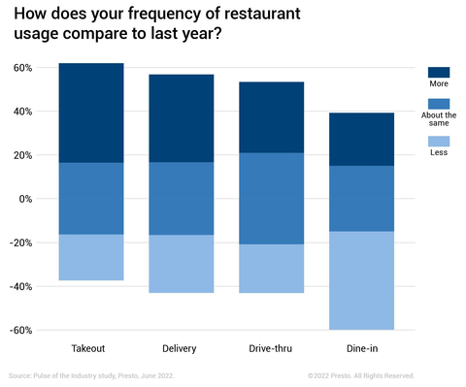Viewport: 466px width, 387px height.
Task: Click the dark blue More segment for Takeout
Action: [91, 113]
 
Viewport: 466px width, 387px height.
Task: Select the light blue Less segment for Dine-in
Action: [360, 280]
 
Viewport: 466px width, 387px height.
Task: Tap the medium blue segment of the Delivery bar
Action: [181, 198]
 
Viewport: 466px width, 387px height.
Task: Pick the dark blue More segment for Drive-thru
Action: [271, 117]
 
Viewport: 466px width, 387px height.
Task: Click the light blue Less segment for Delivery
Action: [181, 264]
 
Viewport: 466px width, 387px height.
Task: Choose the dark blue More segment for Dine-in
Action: [360, 139]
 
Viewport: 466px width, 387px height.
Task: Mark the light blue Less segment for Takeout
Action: [91, 257]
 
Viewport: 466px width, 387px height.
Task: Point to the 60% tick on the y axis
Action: [23, 68]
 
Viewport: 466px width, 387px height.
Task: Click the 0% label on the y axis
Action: [26, 199]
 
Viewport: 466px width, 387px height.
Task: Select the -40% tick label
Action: [22, 286]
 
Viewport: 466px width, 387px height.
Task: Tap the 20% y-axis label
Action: [23, 155]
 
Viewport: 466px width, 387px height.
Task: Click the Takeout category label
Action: [91, 347]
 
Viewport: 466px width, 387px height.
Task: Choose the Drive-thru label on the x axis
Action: [271, 347]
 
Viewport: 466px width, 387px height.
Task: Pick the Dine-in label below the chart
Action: [360, 347]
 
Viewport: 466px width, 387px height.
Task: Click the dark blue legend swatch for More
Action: [439, 72]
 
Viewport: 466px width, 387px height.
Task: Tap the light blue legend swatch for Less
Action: [439, 141]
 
